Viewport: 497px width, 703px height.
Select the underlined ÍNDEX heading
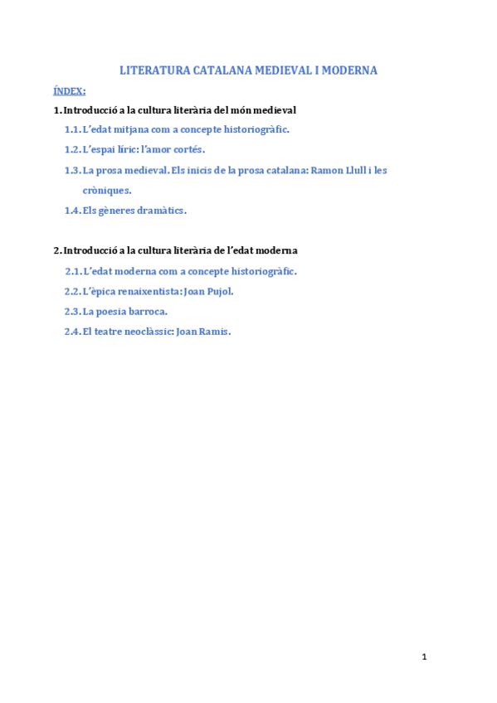70,90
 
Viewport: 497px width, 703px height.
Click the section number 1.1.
72,129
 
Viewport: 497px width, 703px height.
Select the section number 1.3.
72,170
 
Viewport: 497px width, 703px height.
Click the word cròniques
107,190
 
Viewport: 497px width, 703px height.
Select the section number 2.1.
73,271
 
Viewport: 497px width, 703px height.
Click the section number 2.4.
73,332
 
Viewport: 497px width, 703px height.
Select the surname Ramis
213,332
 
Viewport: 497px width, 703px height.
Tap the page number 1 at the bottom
424,657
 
